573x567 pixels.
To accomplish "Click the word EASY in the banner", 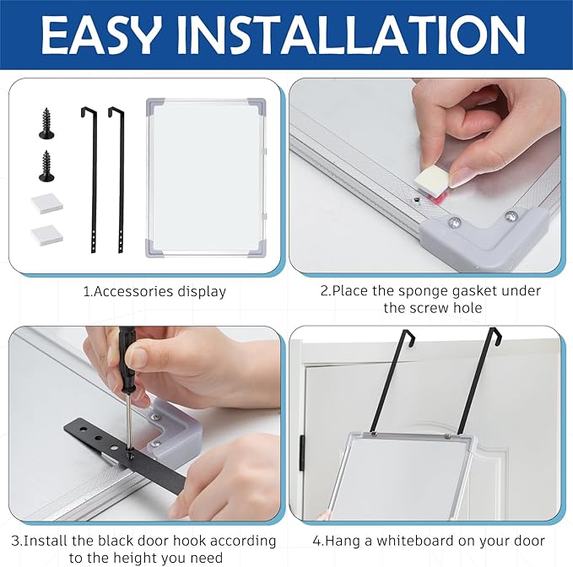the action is pyautogui.click(x=101, y=35).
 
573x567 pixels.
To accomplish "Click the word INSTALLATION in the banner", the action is pyautogui.click(x=352, y=35).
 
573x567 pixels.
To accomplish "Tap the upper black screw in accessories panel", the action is pyautogui.click(x=46, y=123).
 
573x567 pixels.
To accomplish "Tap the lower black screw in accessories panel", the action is pyautogui.click(x=46, y=166).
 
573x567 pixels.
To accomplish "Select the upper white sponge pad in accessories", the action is pyautogui.click(x=46, y=202).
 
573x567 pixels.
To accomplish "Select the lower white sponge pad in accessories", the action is pyautogui.click(x=46, y=235).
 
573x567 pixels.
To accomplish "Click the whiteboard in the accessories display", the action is pyautogui.click(x=206, y=177).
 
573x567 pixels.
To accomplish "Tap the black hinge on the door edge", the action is pyautogui.click(x=301, y=452).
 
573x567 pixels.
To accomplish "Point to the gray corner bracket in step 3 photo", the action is pyautogui.click(x=173, y=432).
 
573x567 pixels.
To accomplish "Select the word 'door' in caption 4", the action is pyautogui.click(x=528, y=541).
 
